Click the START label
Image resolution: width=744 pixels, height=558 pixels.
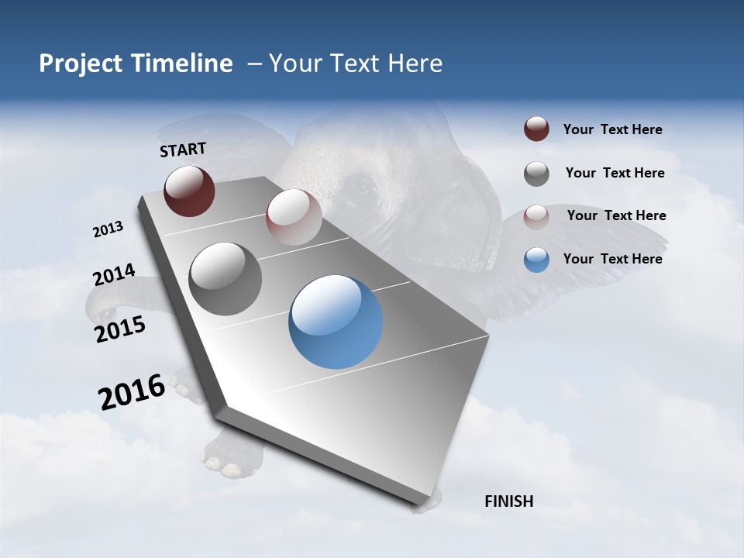pos(183,150)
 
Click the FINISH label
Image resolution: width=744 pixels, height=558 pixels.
pos(508,501)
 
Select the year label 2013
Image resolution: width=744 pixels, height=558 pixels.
pos(108,229)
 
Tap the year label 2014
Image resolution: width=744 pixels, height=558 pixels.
pos(114,275)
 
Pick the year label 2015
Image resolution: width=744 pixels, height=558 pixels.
pos(120,329)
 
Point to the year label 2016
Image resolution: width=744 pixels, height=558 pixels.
pos(132,392)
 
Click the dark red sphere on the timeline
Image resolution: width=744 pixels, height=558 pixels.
pos(189,191)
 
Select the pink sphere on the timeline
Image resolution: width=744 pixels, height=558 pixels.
pos(294,217)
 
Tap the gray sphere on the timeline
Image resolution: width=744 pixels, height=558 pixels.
pos(226,278)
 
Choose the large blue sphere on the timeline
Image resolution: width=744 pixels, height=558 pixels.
pos(336,322)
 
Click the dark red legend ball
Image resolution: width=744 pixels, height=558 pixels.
pos(536,129)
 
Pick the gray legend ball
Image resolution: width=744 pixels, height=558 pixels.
pos(536,174)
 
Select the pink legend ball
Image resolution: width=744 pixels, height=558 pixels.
pos(536,216)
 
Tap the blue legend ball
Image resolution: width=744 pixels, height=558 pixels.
pos(536,260)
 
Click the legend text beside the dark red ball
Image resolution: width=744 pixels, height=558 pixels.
pos(612,130)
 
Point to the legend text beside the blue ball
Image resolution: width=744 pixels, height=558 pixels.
pos(612,259)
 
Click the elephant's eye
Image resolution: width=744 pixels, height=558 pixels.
pos(361,186)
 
